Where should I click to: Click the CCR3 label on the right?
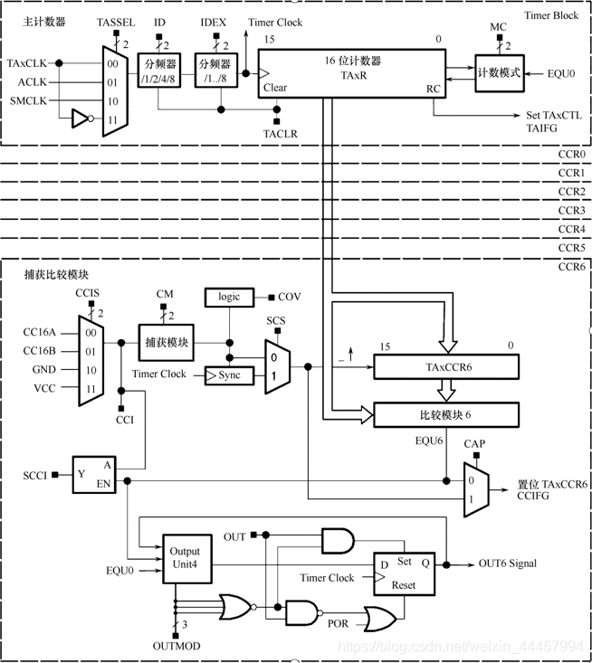571,211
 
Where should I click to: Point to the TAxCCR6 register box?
447,367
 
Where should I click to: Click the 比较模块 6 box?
447,415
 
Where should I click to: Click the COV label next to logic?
289,297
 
